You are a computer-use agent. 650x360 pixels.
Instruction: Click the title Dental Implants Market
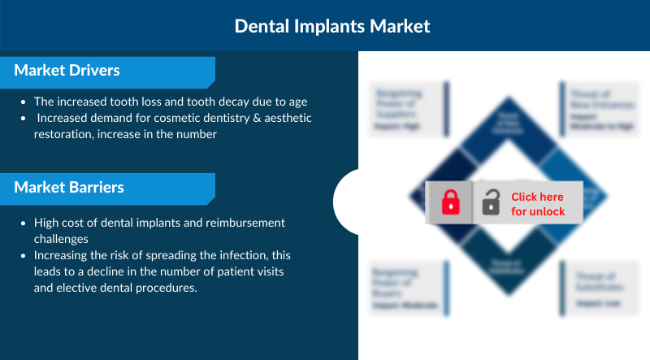(x=332, y=26)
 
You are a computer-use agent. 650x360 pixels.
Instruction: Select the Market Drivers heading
(x=67, y=71)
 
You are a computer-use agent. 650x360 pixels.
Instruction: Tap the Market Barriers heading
(x=69, y=188)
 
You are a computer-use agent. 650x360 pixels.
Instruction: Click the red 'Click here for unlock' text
(x=538, y=204)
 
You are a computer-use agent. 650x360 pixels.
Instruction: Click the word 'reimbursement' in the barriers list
(x=247, y=223)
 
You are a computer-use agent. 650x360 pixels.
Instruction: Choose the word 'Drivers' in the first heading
(x=93, y=71)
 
